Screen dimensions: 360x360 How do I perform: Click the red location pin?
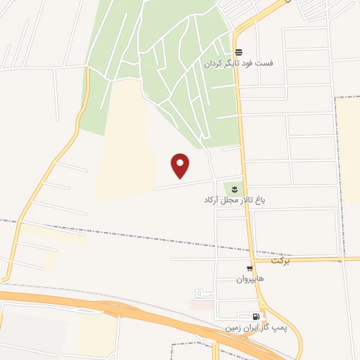181,165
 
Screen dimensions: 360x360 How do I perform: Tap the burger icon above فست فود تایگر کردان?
239,52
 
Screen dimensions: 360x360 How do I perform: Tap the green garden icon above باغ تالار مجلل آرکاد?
234,188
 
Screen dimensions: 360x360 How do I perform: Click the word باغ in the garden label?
264,201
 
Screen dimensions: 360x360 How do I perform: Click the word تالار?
250,201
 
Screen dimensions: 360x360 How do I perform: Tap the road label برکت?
280,259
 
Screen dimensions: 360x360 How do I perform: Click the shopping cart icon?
250,269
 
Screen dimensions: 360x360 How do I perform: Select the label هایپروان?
250,279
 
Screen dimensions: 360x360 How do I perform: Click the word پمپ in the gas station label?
266,328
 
